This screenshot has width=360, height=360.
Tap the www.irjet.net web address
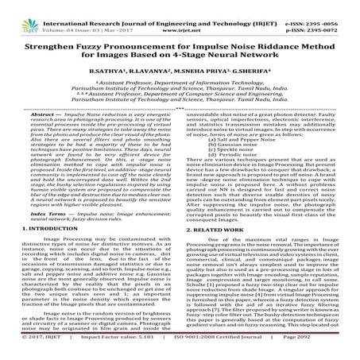[x=180, y=15]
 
